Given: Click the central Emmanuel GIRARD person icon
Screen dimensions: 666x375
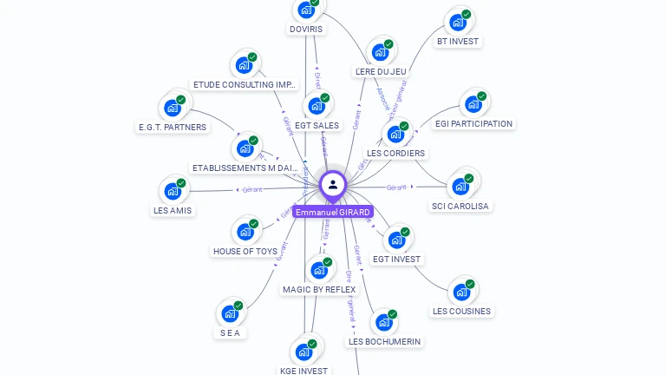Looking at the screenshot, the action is pos(333,184).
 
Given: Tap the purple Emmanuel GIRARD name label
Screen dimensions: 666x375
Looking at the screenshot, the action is pos(333,212).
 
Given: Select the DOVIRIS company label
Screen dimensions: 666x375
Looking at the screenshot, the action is pos(305,29).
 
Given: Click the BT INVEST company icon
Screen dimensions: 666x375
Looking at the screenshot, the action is pos(456,23).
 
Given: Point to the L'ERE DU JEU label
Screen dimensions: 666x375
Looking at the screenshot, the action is pos(381,71).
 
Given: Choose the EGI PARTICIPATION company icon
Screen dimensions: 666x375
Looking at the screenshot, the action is pos(473,104).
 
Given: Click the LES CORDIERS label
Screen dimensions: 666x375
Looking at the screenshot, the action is pos(395,153).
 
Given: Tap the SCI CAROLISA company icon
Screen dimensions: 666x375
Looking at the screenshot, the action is pos(460,186).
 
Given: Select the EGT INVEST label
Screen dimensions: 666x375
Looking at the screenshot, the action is pos(396,259).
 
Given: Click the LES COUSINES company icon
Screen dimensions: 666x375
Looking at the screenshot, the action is pos(461,292).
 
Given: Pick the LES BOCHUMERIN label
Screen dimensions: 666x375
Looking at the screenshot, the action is pos(384,341).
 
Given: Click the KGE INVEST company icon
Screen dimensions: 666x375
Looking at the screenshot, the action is pos(304,352).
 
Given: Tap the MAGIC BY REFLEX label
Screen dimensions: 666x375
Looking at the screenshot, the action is pos(319,289).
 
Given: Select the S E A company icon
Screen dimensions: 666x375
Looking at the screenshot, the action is pos(230,313).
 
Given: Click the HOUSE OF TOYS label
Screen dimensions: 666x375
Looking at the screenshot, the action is pos(245,251).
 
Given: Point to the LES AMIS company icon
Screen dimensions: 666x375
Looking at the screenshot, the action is pos(173,191).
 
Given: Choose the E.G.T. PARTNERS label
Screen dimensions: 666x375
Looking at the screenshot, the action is pos(173,127).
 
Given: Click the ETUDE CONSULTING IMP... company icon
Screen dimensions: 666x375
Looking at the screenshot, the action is pos(244,65).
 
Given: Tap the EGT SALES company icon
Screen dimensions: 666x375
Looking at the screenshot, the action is pos(317,106).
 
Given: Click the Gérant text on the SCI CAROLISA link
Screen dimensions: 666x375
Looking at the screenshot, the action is pos(396,187).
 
